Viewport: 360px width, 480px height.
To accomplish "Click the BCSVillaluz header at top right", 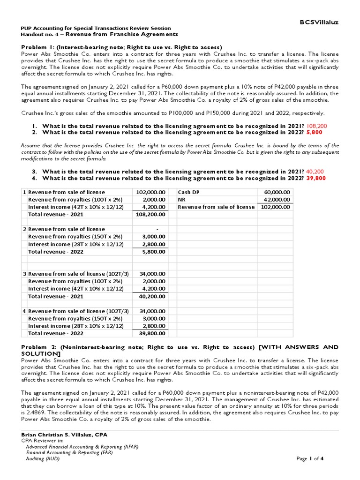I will pos(319,22).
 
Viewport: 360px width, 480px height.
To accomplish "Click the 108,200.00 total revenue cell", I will pos(150,214).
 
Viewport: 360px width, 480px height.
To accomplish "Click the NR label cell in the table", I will pos(182,200).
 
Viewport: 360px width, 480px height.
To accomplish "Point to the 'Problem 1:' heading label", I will pos(39,47).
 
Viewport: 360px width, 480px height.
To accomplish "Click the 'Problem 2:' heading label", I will pos(39,347).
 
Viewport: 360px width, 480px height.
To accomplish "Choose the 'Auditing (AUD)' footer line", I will pos(43,458).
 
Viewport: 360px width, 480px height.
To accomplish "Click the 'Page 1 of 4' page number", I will pos(310,458).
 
